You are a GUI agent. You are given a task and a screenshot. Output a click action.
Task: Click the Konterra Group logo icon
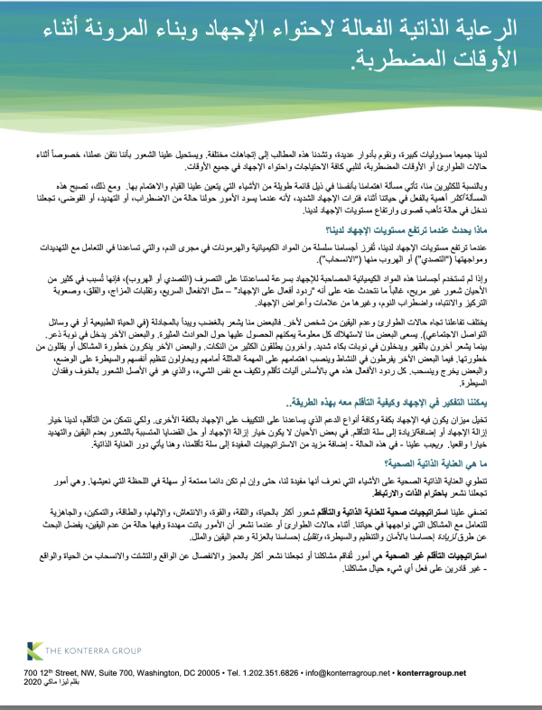[x=33, y=652]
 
